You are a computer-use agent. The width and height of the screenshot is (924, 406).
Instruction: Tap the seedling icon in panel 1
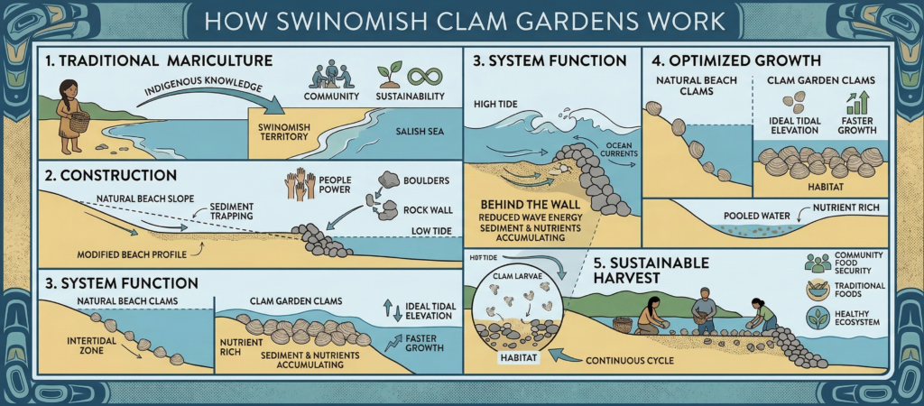(390, 75)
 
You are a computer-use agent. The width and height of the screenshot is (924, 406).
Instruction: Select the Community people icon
(328, 75)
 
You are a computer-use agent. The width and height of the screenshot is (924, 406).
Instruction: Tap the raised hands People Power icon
(300, 184)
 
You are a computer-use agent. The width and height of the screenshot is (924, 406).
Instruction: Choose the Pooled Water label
(757, 217)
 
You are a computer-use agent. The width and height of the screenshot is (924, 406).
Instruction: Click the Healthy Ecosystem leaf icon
(818, 318)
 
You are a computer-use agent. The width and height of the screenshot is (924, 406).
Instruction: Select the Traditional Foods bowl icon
(818, 290)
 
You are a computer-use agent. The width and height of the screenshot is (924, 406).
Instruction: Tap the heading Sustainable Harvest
(639, 270)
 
